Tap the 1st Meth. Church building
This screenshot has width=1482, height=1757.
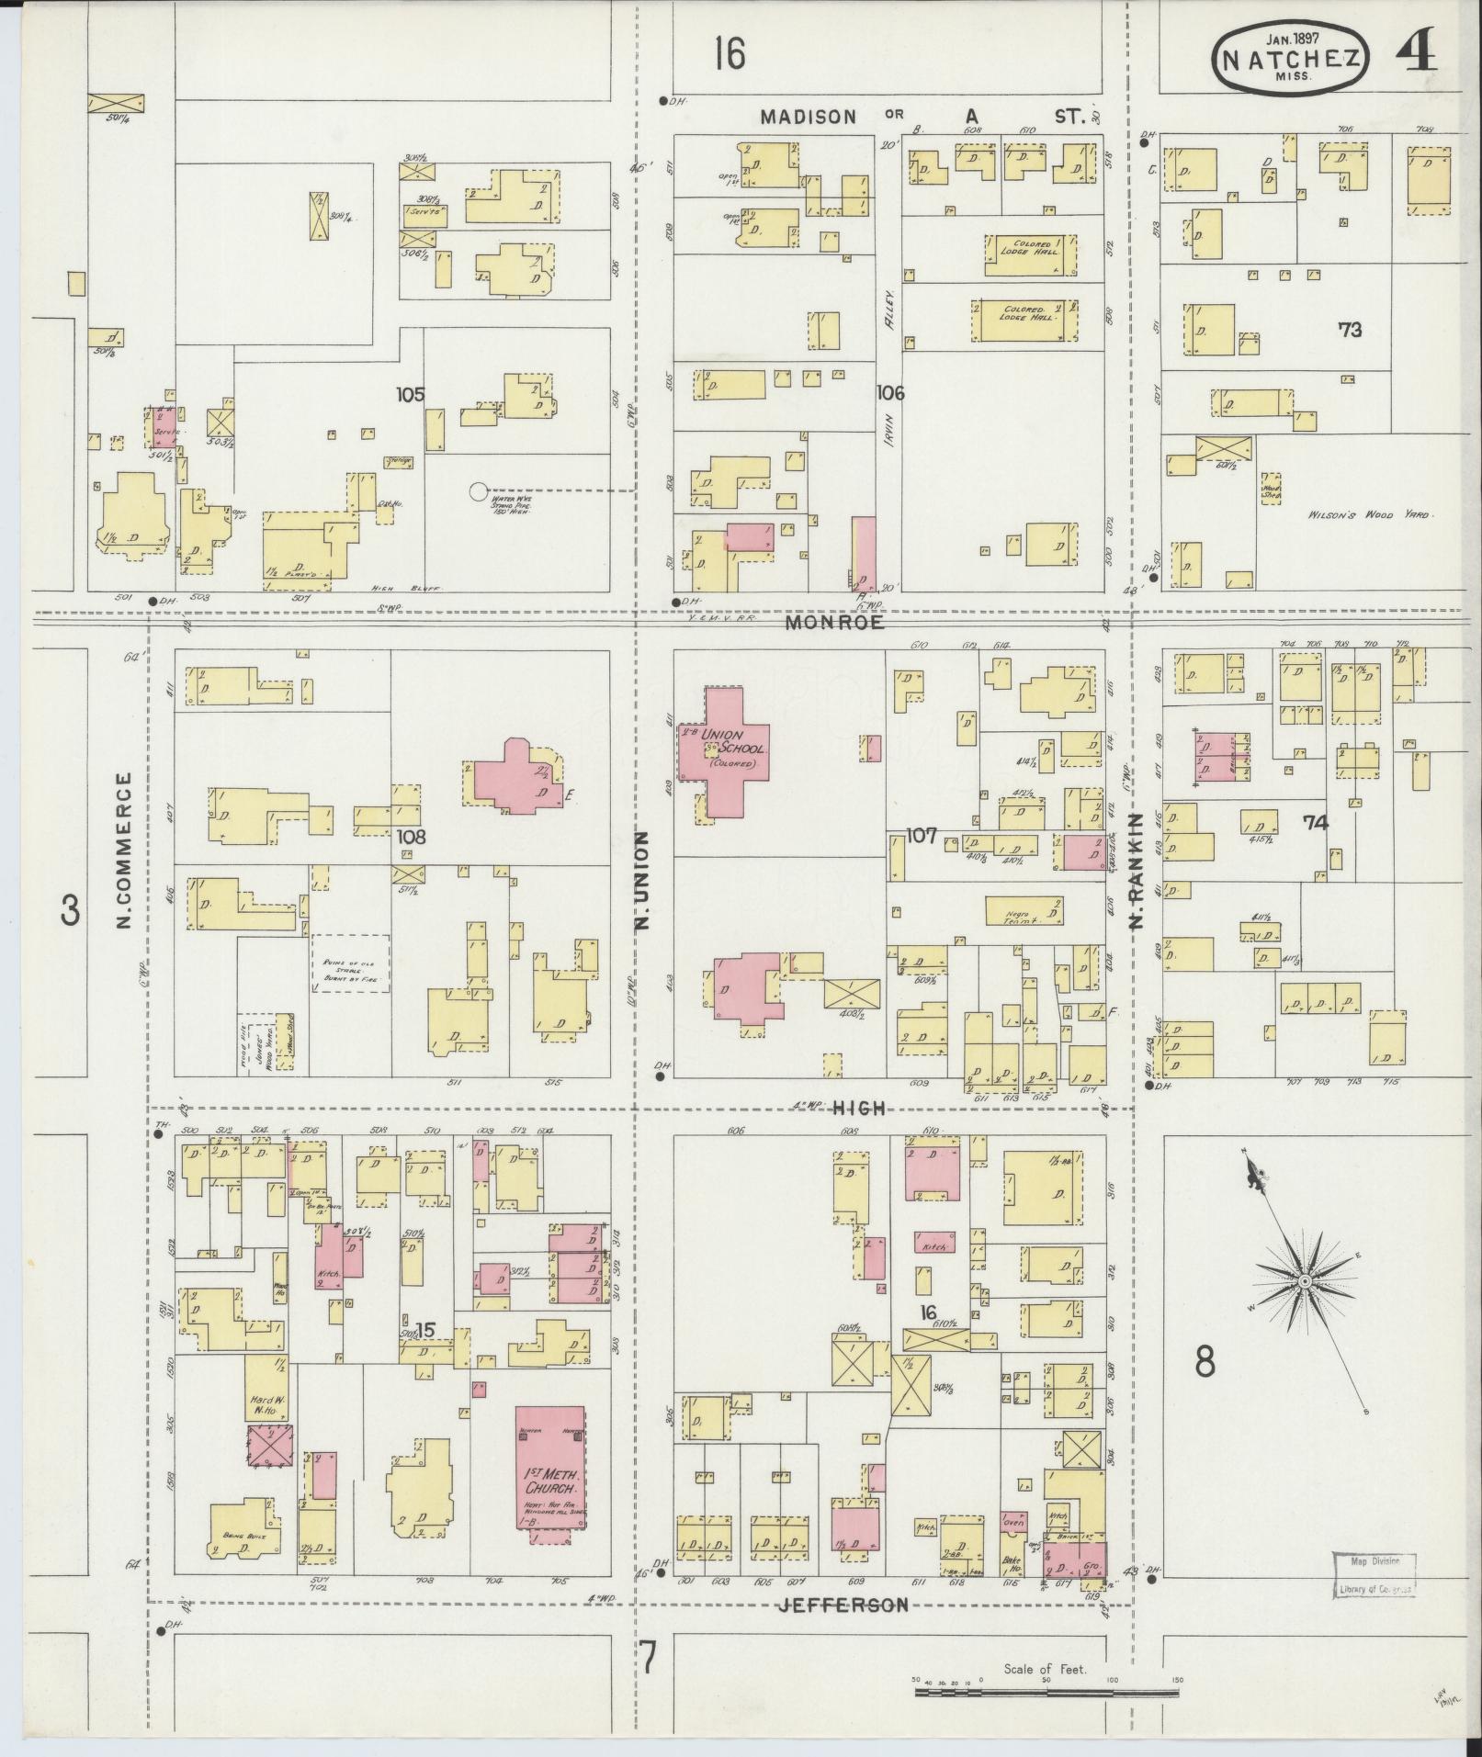tap(549, 1479)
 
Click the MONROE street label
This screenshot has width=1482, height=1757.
tap(835, 623)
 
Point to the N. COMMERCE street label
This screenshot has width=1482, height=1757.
tap(125, 850)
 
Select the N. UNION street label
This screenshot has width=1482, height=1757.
tap(642, 879)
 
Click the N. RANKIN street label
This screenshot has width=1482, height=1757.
tap(1136, 870)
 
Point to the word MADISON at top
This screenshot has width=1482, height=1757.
tap(809, 117)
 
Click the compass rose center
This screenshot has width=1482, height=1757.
tap(1303, 1281)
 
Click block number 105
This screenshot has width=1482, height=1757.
tap(410, 394)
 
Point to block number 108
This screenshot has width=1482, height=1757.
tap(411, 838)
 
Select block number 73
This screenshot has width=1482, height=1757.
tap(1350, 330)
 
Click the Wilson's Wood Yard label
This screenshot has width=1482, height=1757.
tap(1369, 515)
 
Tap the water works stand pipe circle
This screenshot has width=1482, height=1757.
tap(478, 491)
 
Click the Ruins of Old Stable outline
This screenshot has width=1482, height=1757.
tap(349, 963)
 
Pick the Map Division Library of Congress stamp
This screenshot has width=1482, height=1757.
tap(1373, 1572)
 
